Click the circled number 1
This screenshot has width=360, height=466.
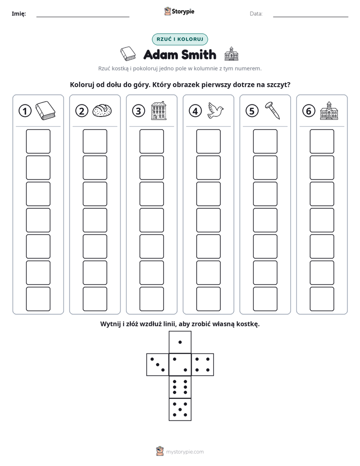25,111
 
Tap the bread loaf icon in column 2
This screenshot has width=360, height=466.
102,110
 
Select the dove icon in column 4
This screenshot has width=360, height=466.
216,110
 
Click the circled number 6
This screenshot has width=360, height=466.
309,111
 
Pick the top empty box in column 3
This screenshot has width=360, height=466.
151,141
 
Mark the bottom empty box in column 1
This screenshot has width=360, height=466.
38,299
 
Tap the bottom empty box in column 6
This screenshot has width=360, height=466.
322,299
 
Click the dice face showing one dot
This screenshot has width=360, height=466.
180,342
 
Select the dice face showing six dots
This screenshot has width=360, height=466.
180,387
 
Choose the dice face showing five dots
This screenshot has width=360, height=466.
180,409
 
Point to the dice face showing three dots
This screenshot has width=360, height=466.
158,365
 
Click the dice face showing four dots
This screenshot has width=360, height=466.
202,365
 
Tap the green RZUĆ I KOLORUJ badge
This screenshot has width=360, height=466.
179,39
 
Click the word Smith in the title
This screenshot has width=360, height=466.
199,54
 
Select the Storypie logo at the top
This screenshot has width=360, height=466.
179,11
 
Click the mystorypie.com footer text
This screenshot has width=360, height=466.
185,452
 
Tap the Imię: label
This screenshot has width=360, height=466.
19,14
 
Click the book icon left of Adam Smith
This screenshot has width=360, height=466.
128,54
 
